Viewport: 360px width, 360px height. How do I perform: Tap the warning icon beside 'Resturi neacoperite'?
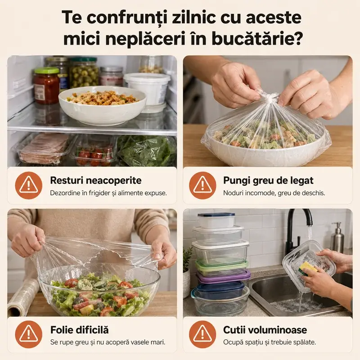[x=29, y=185]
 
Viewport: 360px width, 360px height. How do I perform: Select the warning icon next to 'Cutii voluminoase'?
[x=202, y=334]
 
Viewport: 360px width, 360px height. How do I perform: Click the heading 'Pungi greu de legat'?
[x=268, y=180]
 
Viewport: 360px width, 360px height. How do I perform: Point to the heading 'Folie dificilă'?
[x=80, y=330]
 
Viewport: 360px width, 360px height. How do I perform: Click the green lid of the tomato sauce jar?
[x=47, y=71]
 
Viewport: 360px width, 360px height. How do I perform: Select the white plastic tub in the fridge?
[x=148, y=88]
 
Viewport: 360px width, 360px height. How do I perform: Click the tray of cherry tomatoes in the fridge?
[x=94, y=153]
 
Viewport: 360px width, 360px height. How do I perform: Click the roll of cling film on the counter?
[x=23, y=298]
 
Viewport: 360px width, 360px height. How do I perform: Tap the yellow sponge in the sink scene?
[x=308, y=268]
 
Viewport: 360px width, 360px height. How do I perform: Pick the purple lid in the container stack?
[x=223, y=275]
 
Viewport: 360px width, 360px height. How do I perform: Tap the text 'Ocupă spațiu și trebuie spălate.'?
[x=270, y=342]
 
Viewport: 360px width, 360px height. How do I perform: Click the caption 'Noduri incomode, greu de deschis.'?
[x=274, y=193]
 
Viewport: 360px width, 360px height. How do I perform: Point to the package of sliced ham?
[x=44, y=148]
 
